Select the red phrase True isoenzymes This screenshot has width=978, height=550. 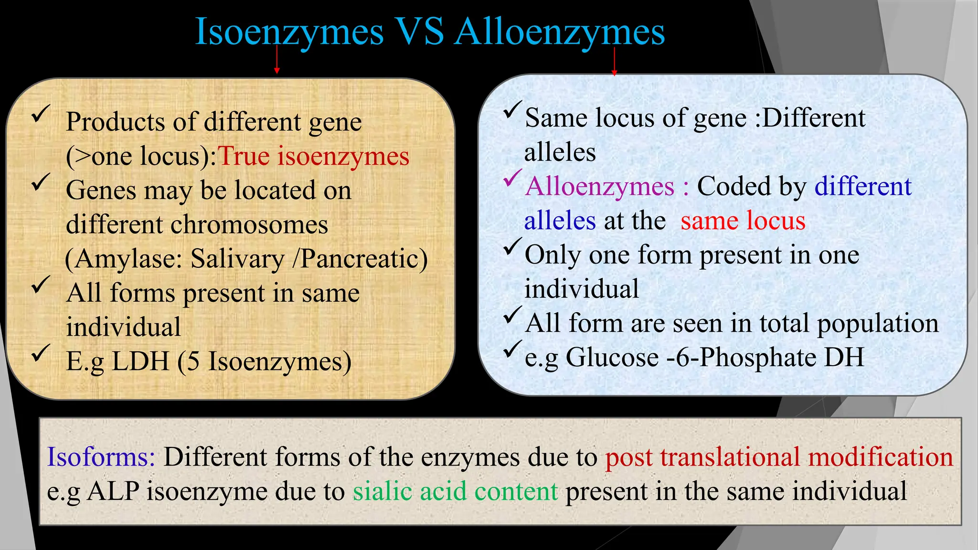313,156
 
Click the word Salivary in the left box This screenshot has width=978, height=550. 237,259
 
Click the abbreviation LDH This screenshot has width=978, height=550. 141,361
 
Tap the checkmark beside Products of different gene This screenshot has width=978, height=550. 41,115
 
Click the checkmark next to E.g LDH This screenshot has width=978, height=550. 41,353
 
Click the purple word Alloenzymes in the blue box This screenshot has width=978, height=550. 600,186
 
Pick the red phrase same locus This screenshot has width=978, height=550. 743,221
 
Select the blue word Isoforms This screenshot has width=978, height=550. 101,457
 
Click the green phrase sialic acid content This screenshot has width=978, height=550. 455,491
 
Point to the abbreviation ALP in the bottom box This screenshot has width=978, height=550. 113,491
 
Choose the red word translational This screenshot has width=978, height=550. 730,457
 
